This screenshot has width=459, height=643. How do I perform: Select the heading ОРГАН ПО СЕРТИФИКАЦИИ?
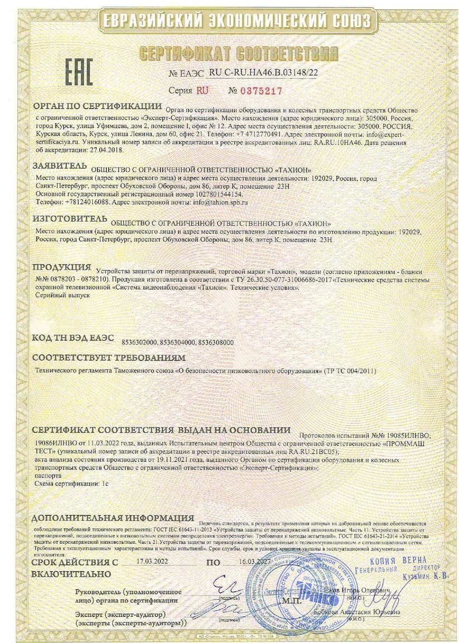click(x=96, y=106)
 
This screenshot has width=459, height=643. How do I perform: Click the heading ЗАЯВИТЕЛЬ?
click(x=60, y=166)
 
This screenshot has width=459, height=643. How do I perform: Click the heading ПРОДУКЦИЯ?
click(x=62, y=267)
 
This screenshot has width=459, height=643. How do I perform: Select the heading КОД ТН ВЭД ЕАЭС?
click(x=73, y=338)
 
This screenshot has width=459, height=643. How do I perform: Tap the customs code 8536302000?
click(x=139, y=343)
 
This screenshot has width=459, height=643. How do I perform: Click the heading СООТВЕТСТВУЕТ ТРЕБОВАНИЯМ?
click(x=109, y=357)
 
